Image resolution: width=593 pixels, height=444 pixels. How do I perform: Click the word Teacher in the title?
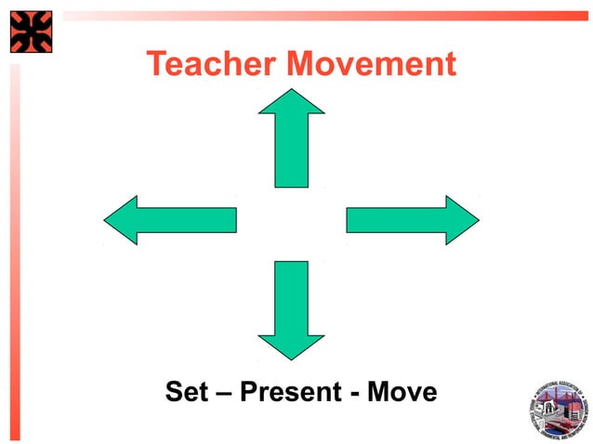(212, 64)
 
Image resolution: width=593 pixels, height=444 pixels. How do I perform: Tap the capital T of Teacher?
(157, 64)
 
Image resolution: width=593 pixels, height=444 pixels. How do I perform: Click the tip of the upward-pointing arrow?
(291, 91)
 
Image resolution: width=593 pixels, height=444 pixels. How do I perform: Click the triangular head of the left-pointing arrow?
(122, 220)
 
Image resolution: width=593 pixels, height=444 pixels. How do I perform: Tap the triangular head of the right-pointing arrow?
(461, 220)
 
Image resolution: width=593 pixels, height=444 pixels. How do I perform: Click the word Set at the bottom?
(184, 392)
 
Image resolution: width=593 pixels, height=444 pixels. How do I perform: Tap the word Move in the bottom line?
(402, 392)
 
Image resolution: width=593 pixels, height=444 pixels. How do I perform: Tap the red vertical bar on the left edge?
(14, 251)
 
